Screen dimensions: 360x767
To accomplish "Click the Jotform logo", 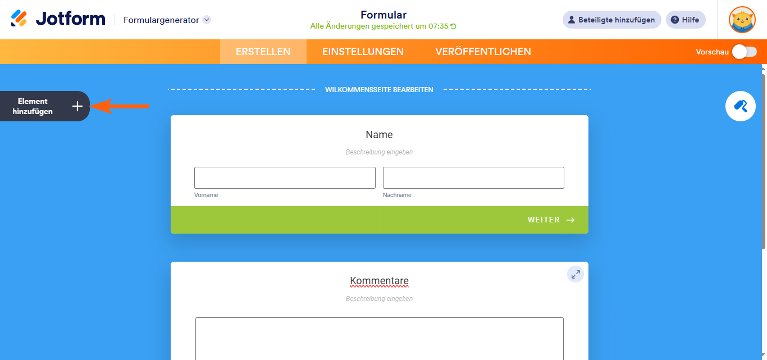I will pos(58,19).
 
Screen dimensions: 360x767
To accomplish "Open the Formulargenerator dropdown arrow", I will pos(207,20).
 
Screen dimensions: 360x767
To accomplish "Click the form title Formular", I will pos(383,15).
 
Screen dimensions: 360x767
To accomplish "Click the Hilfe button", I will pos(686,20).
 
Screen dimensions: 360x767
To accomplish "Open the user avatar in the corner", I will pos(742,20).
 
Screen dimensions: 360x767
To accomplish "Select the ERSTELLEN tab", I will pos(263,52).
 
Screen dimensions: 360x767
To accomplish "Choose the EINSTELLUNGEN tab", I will pos(363,52).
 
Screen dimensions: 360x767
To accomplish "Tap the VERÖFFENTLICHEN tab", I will pos(483,52).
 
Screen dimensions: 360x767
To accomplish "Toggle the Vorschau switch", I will pos(744,52).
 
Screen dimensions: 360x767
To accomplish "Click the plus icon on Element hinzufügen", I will pos(77,106).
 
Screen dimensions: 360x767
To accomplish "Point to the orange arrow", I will pos(120,106).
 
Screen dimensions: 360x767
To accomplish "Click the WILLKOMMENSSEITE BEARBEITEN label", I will pos(379,89).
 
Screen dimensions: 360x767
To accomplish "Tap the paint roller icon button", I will pos(740,106).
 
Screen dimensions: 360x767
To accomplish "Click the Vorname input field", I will pos(285,177).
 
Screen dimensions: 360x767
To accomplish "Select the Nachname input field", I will pos(473,177).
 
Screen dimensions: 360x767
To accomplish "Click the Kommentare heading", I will pos(379,281).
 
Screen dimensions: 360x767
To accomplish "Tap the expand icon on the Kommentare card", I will pos(575,274).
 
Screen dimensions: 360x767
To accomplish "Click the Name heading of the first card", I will pos(379,135).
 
